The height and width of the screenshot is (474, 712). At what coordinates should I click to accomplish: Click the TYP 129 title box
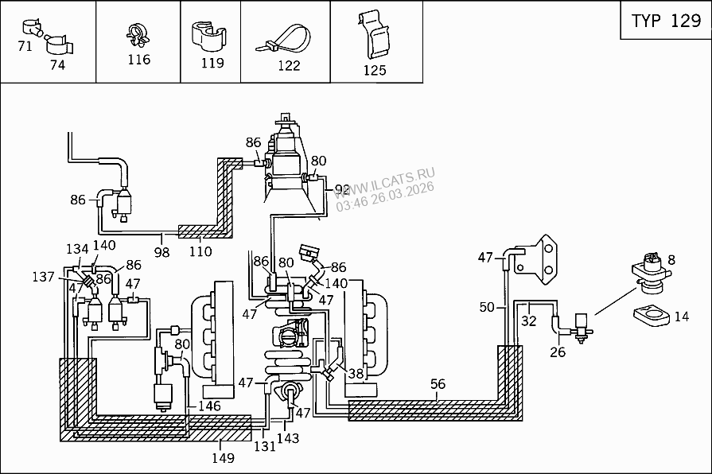pos(665,21)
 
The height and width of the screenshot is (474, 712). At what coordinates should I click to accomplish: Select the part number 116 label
pos(138,60)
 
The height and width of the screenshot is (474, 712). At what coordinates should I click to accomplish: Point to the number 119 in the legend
pos(213,63)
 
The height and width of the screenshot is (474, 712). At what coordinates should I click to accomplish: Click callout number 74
pos(57,65)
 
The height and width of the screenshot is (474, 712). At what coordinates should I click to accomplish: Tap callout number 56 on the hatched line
pos(438,385)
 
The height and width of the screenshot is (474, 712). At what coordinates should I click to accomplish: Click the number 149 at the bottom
pos(223,458)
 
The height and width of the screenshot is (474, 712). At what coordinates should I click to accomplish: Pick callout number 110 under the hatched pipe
pos(200,251)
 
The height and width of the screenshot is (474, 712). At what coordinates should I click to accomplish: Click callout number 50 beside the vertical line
pos(488,307)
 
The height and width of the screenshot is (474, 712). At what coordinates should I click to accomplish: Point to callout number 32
pos(529,321)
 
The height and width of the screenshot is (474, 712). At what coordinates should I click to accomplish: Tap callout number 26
pos(558,352)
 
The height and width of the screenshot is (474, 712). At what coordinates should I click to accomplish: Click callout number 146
pos(208,406)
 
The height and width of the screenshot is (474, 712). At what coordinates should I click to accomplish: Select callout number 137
pos(45,277)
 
